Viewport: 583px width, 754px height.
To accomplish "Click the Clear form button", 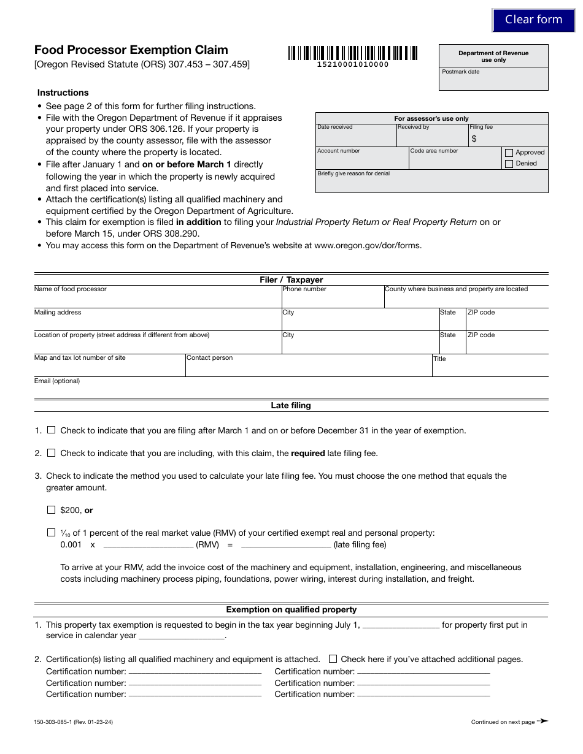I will coord(533,20).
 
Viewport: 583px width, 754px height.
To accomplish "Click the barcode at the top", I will coord(352,53).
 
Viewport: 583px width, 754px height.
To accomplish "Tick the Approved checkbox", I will coord(509,153).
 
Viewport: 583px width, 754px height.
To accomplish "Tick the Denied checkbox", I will coord(509,164).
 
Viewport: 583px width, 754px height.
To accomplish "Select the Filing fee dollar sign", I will coord(474,139).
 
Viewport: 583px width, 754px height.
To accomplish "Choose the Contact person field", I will coord(309,368).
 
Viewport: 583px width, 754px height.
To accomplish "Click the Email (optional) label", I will coord(57,381).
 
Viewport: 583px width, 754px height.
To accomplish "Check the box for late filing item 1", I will coord(52,430).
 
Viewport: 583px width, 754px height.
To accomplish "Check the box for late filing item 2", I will coord(52,453).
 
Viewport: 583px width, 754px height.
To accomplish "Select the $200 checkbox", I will coord(52,509).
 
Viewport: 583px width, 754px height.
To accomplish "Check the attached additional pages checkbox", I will coord(333,659).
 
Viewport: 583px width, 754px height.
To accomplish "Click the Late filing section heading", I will coord(291,405).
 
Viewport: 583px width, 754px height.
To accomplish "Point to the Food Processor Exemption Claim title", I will coord(131,50).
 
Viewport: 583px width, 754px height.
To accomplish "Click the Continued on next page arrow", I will coord(542,722).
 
